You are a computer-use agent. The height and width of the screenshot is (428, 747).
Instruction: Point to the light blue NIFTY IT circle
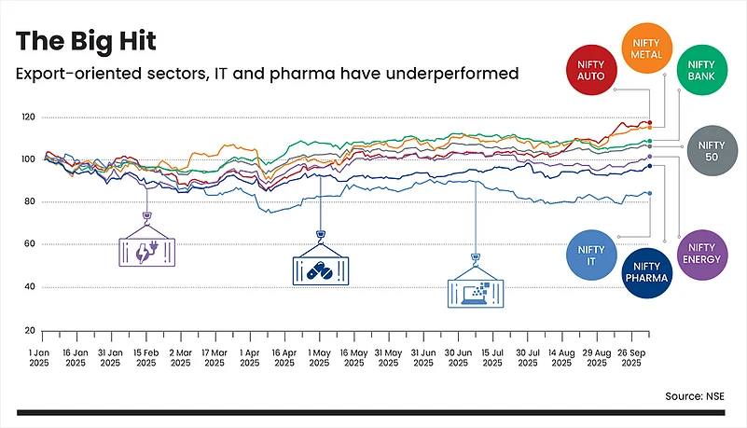point(591,255)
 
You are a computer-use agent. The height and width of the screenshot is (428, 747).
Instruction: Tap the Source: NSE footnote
point(694,396)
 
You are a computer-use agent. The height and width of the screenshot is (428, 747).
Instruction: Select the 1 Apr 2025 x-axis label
point(250,356)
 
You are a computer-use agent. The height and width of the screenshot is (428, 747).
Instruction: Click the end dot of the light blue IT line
point(649,193)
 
